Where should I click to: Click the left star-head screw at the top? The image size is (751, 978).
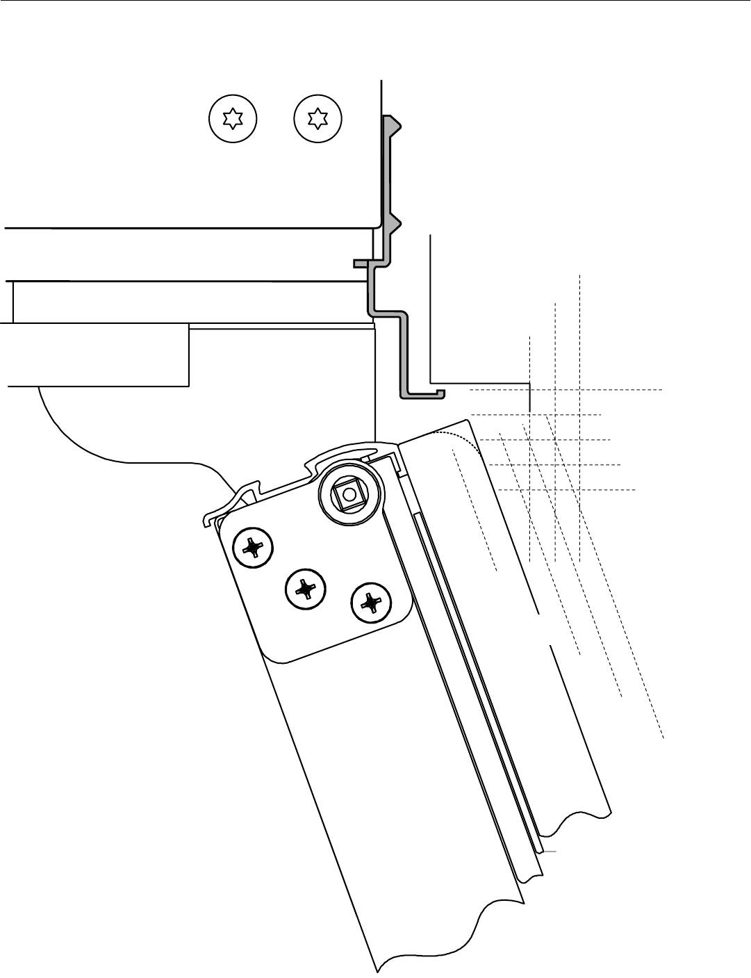[x=233, y=118]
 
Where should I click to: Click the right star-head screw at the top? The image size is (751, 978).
[x=318, y=118]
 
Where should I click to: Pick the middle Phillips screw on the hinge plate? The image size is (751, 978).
[x=306, y=589]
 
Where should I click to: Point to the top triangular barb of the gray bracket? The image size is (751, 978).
[x=394, y=124]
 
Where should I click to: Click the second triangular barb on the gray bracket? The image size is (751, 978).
[x=394, y=224]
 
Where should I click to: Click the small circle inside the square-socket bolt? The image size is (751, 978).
[x=349, y=494]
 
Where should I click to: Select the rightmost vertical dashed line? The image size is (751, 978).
[x=579, y=417]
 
